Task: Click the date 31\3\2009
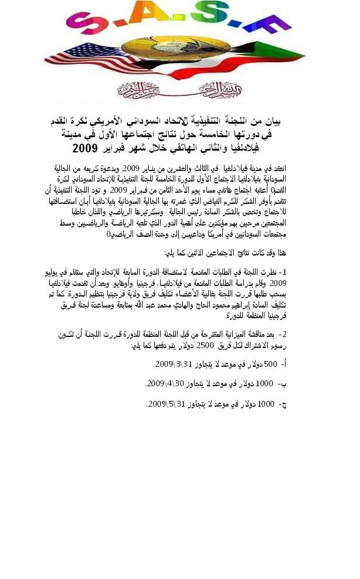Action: click(173, 364)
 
